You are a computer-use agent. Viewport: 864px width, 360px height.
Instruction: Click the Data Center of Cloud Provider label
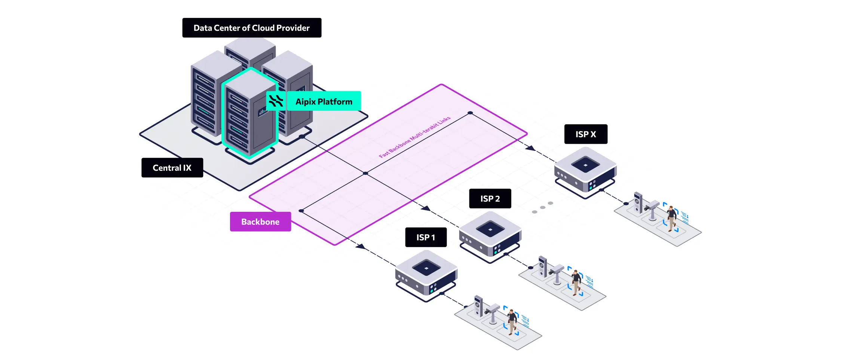(252, 28)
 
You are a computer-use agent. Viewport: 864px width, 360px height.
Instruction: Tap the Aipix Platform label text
(324, 101)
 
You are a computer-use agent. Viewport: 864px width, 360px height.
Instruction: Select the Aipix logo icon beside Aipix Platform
(276, 101)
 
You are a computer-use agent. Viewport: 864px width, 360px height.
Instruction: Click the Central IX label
(172, 168)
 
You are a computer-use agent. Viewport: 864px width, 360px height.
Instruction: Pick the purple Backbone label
(260, 222)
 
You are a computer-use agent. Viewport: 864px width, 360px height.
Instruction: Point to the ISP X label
(586, 134)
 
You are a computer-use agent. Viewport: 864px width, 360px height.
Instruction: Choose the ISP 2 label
(490, 199)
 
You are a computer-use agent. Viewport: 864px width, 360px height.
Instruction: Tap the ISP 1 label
(426, 237)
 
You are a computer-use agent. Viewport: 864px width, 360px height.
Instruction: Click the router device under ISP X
(585, 170)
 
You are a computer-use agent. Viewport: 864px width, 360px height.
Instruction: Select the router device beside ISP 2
(490, 235)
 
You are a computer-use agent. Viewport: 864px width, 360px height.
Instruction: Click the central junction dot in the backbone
(365, 173)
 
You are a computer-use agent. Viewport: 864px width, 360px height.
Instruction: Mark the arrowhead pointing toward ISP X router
(530, 148)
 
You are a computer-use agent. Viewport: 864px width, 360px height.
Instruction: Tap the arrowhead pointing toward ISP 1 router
(361, 246)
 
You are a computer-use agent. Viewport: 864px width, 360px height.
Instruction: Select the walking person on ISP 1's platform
(512, 321)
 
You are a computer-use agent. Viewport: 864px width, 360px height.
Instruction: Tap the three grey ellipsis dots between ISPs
(542, 207)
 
